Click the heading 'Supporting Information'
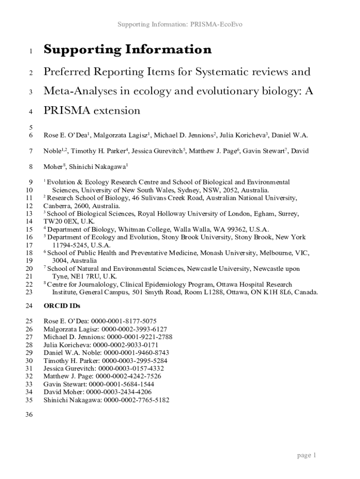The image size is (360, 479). pos(127,49)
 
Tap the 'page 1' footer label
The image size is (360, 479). pos(307,455)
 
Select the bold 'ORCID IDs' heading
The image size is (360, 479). pos(62,306)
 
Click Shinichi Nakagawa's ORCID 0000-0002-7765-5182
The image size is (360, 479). pos(137,400)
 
